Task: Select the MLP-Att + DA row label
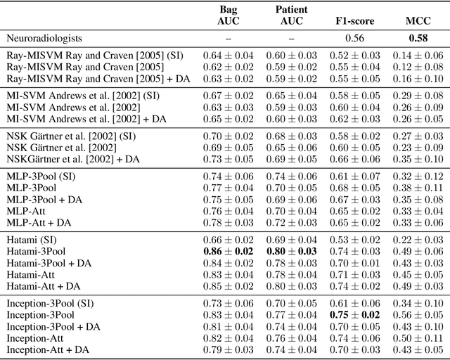click(39, 223)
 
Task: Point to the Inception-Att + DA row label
click(48, 349)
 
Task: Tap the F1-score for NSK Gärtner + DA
click(356, 159)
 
